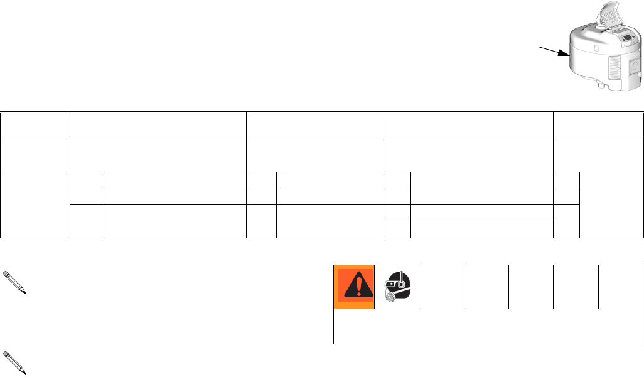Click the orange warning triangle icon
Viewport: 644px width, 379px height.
(x=354, y=287)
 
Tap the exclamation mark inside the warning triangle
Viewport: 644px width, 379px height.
(x=354, y=288)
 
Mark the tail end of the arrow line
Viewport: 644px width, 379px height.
(x=539, y=46)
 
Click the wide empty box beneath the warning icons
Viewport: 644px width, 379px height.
(x=488, y=326)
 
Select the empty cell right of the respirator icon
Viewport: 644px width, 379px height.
(x=442, y=287)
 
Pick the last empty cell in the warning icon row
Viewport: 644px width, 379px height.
(x=621, y=287)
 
